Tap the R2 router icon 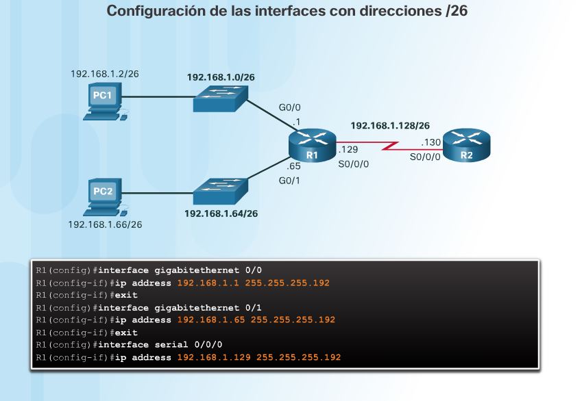coord(467,146)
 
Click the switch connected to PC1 coord(220,100)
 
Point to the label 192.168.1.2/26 coord(105,73)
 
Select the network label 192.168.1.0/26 coord(221,77)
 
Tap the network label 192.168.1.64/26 coord(220,213)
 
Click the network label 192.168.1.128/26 coord(390,126)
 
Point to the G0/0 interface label coord(289,108)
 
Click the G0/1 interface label coord(289,181)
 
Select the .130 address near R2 coord(431,143)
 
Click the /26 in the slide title coord(456,12)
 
